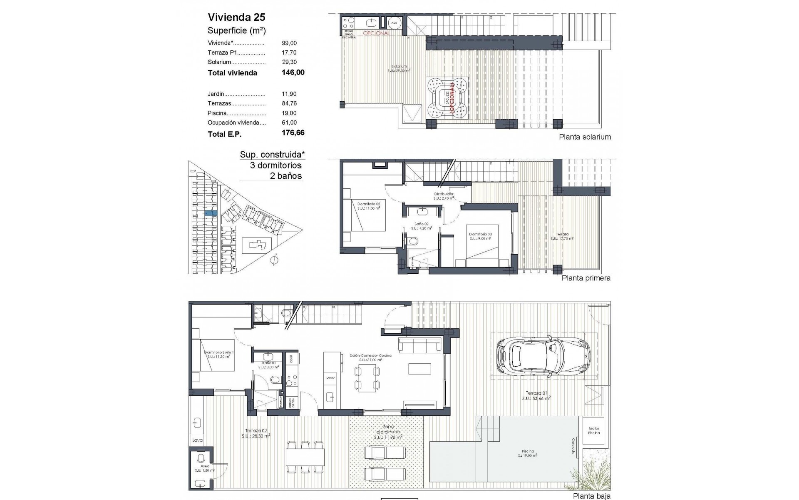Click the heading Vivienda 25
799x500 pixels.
[236, 17]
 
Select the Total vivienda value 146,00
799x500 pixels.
[293, 72]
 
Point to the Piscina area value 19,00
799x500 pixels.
[289, 113]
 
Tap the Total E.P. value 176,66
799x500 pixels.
[293, 133]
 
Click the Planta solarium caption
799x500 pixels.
[585, 137]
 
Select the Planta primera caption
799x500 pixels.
[586, 278]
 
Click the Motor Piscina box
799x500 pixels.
[594, 431]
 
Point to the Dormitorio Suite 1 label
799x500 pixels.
[219, 355]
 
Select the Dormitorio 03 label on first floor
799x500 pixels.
[480, 236]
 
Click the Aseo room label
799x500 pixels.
[205, 468]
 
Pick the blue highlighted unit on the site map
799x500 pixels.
[211, 213]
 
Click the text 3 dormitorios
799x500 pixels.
[275, 165]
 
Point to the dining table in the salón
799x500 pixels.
[367, 378]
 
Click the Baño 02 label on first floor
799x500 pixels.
[423, 228]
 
